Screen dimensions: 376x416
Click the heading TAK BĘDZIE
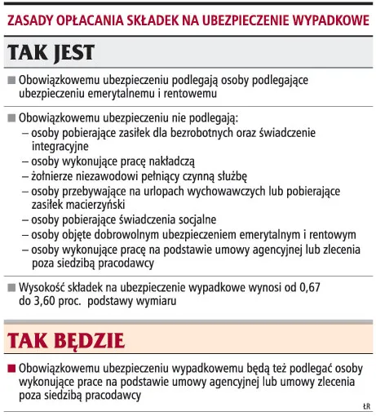pos(65,337)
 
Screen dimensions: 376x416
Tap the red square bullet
pos(11,367)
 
